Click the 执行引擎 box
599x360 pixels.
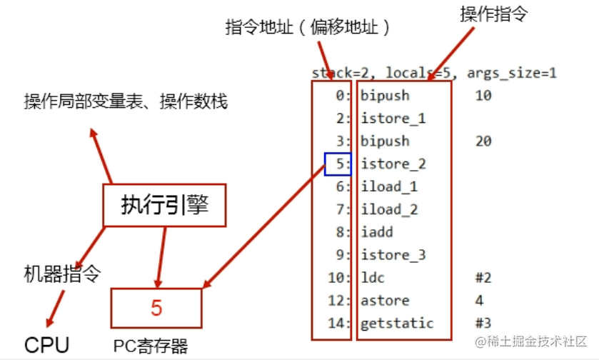pos(165,206)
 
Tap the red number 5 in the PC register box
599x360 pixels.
pos(156,308)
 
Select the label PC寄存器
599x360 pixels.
pos(151,347)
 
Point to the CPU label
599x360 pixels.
pos(47,346)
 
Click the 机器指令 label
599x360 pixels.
pos(63,273)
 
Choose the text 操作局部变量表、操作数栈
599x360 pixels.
pos(126,102)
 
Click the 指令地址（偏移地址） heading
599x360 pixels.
pos(308,27)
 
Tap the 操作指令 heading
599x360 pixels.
pos(490,14)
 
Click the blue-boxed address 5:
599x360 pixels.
pos(338,164)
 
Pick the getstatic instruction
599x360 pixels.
pos(397,323)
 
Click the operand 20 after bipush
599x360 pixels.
pos(483,141)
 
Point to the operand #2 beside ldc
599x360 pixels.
pos(483,278)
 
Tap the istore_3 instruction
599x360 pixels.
pos(393,255)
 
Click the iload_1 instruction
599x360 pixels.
pos(389,186)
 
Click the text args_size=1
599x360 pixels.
pos(512,73)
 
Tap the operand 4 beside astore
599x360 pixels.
pos(479,300)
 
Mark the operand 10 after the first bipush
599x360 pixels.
pos(483,95)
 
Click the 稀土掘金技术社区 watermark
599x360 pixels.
pos(532,341)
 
